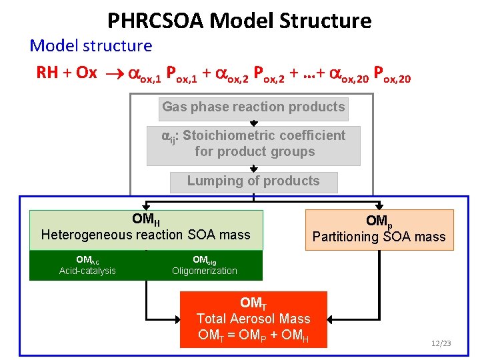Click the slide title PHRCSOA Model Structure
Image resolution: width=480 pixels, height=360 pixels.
tap(239, 21)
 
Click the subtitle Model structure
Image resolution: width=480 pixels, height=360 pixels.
tap(91, 46)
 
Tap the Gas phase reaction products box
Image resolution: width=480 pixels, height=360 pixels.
tap(253, 107)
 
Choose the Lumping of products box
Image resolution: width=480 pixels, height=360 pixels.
tap(253, 181)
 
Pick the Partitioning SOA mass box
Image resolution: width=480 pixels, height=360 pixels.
tap(379, 229)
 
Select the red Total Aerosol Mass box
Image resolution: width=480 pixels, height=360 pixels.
tap(253, 319)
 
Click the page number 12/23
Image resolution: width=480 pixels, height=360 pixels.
tap(441, 343)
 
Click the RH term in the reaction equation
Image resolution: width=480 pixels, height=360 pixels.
tap(47, 73)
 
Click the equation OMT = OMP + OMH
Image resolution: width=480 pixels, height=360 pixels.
tap(253, 335)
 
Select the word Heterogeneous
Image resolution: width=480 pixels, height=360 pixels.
tap(87, 235)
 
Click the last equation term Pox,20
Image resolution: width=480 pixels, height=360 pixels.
tap(393, 74)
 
